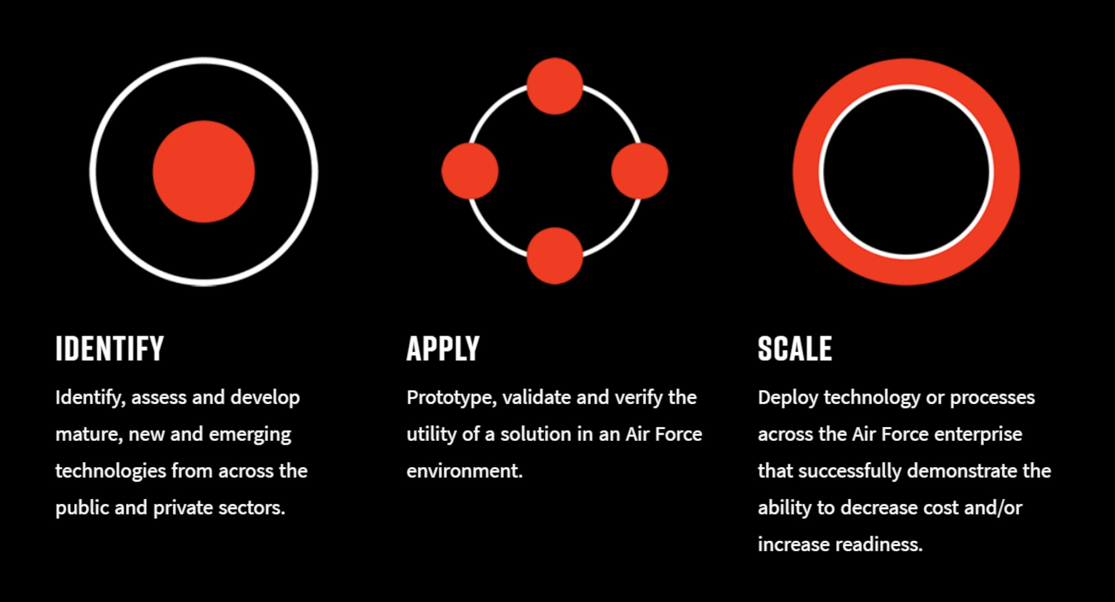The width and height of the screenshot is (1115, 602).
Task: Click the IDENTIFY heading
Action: (110, 349)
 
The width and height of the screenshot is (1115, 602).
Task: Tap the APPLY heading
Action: (443, 349)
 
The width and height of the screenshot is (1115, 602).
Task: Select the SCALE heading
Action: (795, 349)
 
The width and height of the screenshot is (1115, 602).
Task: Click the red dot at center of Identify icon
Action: (204, 172)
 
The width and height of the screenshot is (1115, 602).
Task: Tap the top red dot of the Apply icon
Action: (555, 86)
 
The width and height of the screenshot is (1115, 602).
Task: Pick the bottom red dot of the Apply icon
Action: (555, 256)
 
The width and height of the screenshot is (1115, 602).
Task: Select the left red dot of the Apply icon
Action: (470, 171)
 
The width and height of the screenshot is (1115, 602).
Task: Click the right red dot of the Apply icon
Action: (639, 171)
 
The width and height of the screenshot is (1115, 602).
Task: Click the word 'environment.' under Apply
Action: (465, 471)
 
